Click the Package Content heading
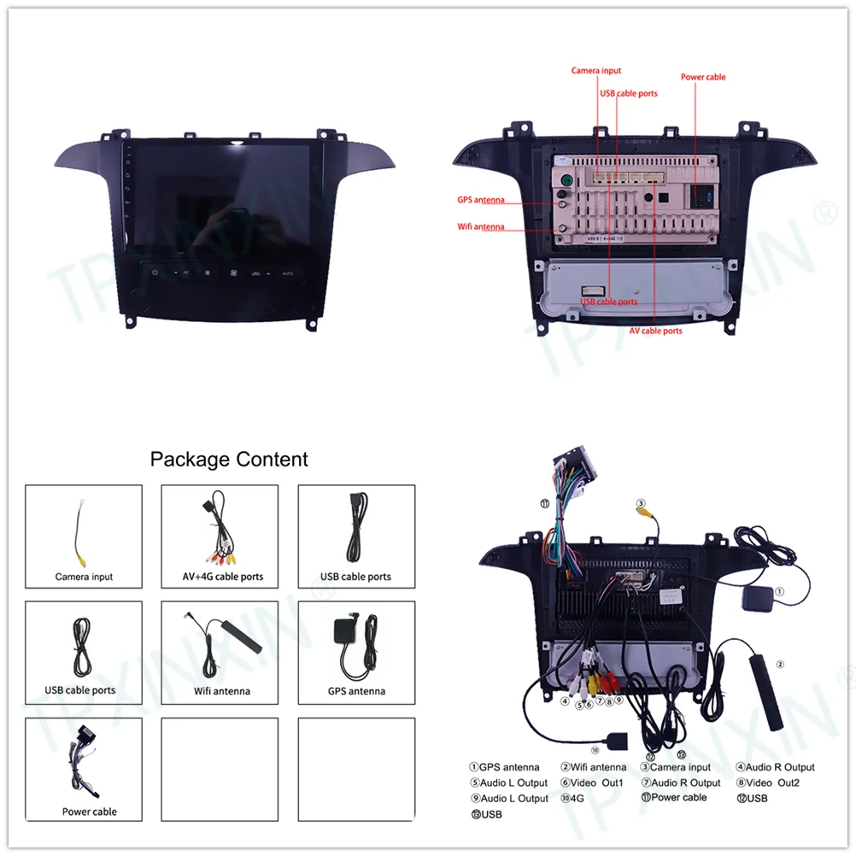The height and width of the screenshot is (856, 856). pos(229,460)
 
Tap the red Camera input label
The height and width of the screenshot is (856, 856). pos(596,70)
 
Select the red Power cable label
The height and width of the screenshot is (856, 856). pos(703,77)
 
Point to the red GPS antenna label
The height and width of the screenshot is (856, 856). pos(481,200)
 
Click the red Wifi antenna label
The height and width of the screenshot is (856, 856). pos(481,226)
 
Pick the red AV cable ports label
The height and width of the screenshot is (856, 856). pos(656,331)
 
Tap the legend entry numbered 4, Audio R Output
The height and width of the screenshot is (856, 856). pos(775,767)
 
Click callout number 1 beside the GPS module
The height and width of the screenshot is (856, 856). pos(779,591)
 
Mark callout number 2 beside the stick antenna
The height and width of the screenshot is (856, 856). pos(779,664)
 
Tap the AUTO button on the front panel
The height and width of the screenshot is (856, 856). pos(288,273)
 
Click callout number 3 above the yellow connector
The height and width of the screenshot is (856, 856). pos(640,503)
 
